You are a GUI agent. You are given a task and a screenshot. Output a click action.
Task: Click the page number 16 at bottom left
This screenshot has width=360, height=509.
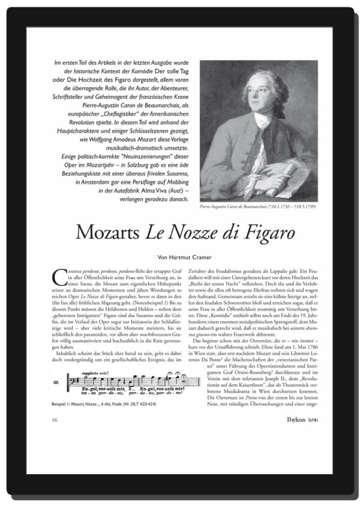click(56, 418)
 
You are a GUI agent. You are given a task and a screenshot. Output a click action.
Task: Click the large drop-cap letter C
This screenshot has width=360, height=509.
click(60, 278)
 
